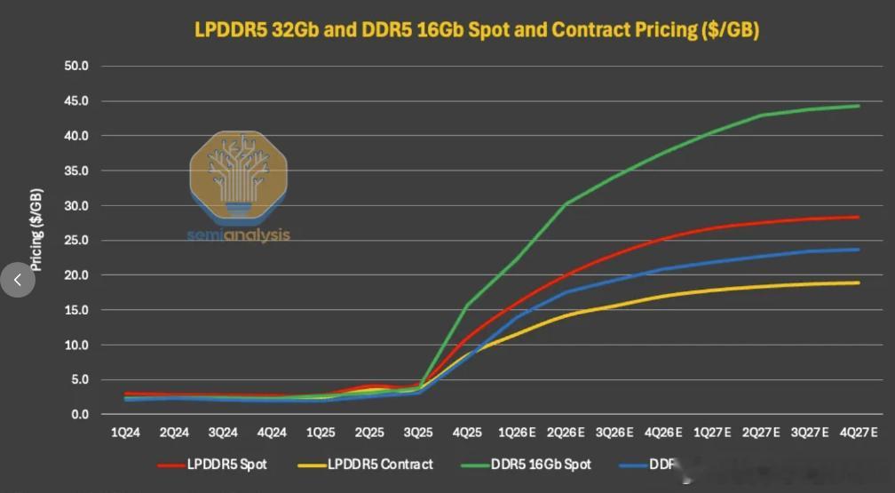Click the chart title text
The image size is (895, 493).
(477, 29)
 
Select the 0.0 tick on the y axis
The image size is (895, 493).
(81, 415)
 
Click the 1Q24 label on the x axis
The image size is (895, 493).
(125, 433)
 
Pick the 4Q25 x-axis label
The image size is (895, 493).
(467, 433)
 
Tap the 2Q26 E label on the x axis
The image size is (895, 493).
(565, 433)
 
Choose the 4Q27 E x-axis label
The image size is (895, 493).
(858, 433)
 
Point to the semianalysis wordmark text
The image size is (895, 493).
(238, 236)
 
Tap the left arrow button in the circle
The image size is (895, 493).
(18, 279)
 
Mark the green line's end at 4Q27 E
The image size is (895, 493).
(859, 106)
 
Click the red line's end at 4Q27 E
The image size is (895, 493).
(859, 217)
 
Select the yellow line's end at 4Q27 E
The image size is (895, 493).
(859, 282)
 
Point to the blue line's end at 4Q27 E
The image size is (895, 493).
(859, 250)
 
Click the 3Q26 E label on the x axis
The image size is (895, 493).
(614, 433)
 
